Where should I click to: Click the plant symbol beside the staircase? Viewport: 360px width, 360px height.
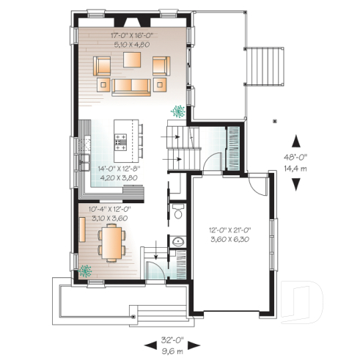click(x=177, y=111)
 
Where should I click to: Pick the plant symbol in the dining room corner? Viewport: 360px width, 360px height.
click(x=87, y=270)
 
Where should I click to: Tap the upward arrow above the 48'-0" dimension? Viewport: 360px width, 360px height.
click(x=295, y=138)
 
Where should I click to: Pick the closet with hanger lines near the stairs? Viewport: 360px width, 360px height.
click(x=235, y=139)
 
